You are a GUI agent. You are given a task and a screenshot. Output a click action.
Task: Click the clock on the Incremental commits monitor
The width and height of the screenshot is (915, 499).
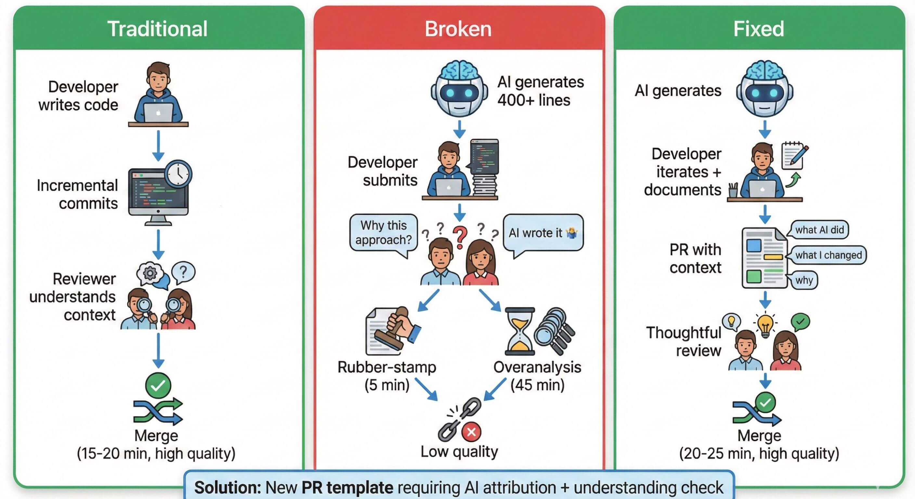coord(179,174)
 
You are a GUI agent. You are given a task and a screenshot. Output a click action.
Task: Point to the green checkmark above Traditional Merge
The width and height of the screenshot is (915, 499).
coord(158,385)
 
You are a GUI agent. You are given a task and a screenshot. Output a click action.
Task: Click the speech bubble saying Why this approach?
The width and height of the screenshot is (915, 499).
coord(384,233)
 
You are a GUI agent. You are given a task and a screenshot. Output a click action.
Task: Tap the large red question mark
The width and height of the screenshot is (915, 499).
coord(460,237)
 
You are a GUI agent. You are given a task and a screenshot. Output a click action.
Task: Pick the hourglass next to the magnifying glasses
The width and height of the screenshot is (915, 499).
coord(520,331)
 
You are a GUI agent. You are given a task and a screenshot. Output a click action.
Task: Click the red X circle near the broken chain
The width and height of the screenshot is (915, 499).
coord(471,432)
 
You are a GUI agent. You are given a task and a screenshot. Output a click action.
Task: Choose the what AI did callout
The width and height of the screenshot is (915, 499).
coord(819,230)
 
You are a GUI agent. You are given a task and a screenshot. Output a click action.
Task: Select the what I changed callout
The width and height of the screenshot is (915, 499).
coord(828,255)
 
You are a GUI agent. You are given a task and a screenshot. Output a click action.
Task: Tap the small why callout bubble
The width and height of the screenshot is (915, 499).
coord(804,280)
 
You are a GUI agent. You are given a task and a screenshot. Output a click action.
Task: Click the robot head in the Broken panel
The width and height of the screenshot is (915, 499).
coord(459,89)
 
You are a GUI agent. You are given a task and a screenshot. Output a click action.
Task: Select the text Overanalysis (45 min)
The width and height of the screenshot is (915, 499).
coord(537,376)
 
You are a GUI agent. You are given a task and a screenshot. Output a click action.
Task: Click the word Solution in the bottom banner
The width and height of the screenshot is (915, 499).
coord(227,487)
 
